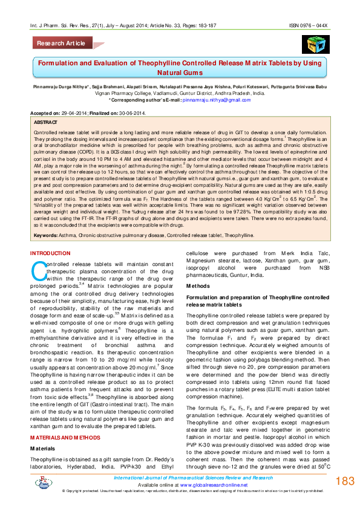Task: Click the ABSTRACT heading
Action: point(47,122)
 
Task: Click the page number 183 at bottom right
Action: point(344,481)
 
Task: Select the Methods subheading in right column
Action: point(198,285)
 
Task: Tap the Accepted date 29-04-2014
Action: point(71,112)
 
